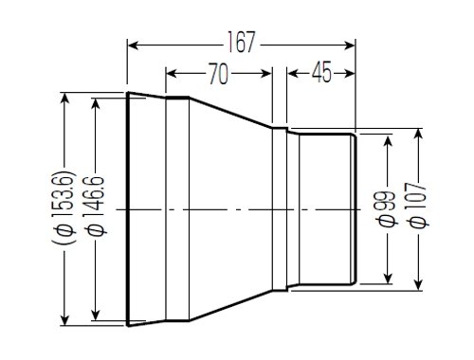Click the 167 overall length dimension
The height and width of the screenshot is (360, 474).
pyautogui.click(x=241, y=43)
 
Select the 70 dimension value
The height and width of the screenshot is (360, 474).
pyautogui.click(x=218, y=74)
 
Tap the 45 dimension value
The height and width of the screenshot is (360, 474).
pyautogui.click(x=322, y=72)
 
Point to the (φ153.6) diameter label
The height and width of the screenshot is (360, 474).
pyautogui.click(x=64, y=208)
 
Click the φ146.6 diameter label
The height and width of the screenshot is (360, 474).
pyautogui.click(x=96, y=206)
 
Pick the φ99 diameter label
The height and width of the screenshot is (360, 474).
pyautogui.click(x=388, y=208)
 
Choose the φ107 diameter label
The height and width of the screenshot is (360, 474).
pyautogui.click(x=418, y=205)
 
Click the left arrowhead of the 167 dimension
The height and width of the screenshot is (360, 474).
pyautogui.click(x=134, y=45)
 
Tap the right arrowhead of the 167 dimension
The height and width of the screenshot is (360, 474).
pyautogui.click(x=349, y=45)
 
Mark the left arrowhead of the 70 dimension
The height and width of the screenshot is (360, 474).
pyautogui.click(x=172, y=74)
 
